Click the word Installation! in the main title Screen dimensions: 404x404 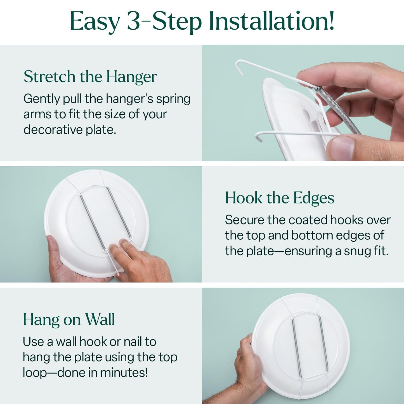271,21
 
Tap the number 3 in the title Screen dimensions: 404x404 133,21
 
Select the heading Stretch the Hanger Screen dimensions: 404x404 90,77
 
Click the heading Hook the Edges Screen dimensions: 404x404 279,198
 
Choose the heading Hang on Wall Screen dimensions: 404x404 69,320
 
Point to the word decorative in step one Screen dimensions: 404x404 53,130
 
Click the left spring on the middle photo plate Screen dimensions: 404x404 93,221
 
